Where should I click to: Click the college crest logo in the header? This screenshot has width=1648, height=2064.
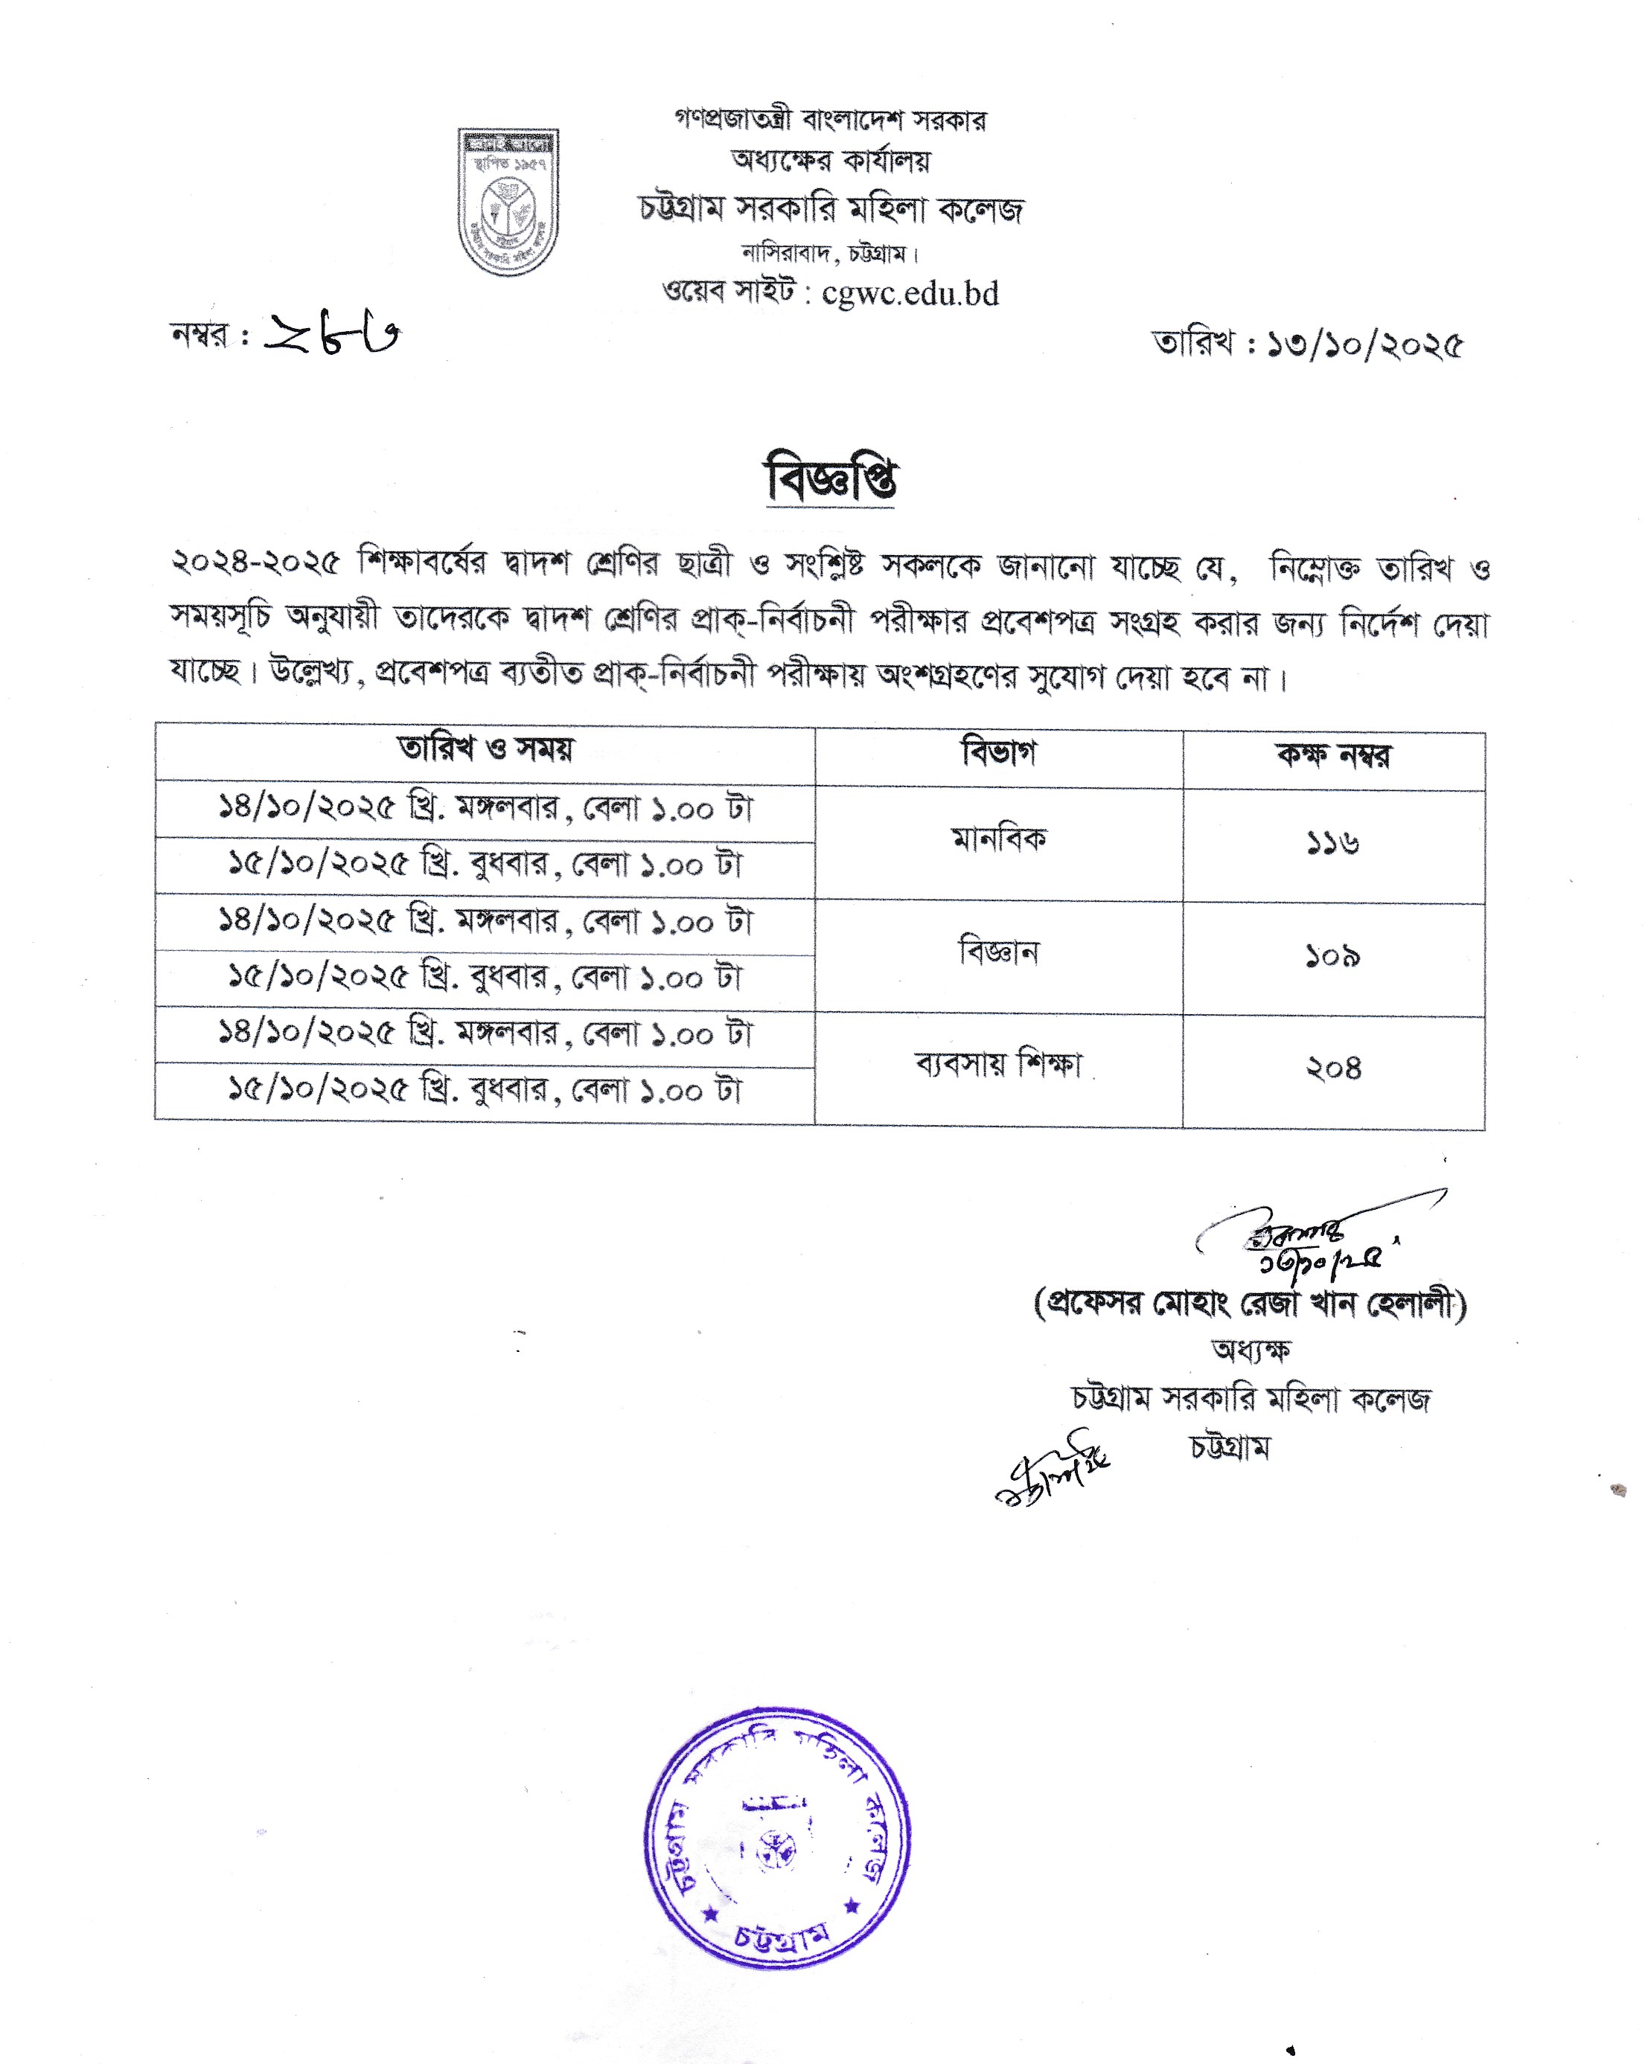click(508, 202)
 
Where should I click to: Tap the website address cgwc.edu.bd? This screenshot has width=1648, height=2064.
click(910, 293)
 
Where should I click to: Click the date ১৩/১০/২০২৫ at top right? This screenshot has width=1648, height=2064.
click(1364, 344)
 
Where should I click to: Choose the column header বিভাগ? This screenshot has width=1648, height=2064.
click(999, 754)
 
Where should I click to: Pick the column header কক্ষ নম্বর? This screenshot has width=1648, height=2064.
click(1333, 756)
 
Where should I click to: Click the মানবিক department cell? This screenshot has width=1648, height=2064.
click(999, 839)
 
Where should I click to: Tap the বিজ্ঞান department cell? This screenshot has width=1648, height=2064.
click(999, 952)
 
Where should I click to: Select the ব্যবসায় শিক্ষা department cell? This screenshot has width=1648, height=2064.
click(999, 1065)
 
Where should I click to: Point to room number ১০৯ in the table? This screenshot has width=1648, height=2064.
click(1333, 956)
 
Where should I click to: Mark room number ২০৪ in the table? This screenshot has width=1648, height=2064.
click(1333, 1068)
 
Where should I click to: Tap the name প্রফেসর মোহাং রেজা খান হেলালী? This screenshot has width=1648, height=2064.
click(1251, 1304)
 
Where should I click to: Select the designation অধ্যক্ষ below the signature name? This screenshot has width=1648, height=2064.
click(1251, 1350)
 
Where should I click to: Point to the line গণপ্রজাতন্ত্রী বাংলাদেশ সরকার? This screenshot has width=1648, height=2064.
click(830, 120)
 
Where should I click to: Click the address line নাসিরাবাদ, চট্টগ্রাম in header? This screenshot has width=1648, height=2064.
click(830, 254)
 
